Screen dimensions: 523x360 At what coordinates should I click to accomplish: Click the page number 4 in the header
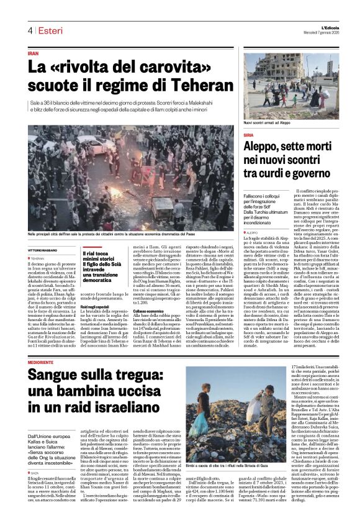pos(29,30)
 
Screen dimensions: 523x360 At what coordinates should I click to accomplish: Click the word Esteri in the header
pos(48,30)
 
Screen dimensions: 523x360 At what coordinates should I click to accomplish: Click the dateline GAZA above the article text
pos(35,455)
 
